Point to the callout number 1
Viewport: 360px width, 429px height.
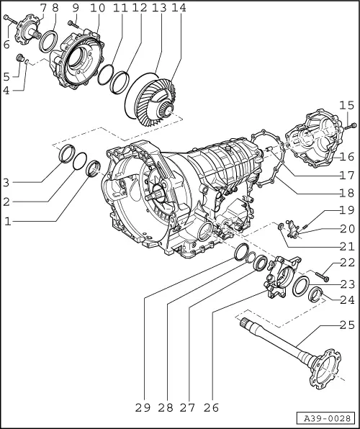8,222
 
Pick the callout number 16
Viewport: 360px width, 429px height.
346,155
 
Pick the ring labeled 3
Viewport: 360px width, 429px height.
70,153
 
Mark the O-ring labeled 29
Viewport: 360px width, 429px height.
244,251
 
